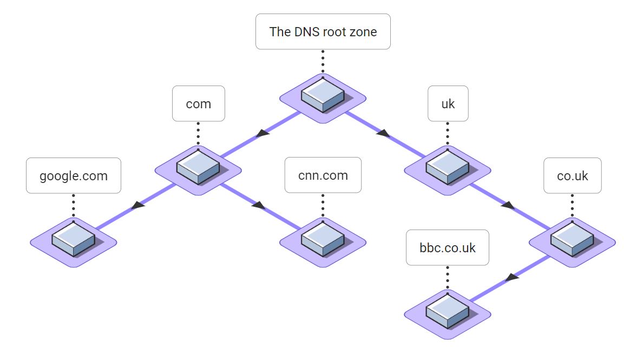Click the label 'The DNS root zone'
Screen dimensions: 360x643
pos(323,31)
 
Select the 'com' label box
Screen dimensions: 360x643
pos(198,103)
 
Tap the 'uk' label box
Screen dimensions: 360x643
pos(448,103)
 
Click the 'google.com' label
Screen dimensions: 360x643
pos(74,175)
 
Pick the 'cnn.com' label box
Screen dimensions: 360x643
pos(323,175)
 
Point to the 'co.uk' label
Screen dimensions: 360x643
pos(572,175)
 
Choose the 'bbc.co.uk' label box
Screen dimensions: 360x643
pos(448,247)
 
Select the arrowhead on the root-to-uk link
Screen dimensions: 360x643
pos(383,133)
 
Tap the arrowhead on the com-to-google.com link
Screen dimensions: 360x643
pos(138,205)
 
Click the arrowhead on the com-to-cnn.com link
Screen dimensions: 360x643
pos(259,205)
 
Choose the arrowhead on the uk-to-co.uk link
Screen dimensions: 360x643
pos(508,205)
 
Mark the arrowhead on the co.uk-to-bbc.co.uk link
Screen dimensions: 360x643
pos(512,277)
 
